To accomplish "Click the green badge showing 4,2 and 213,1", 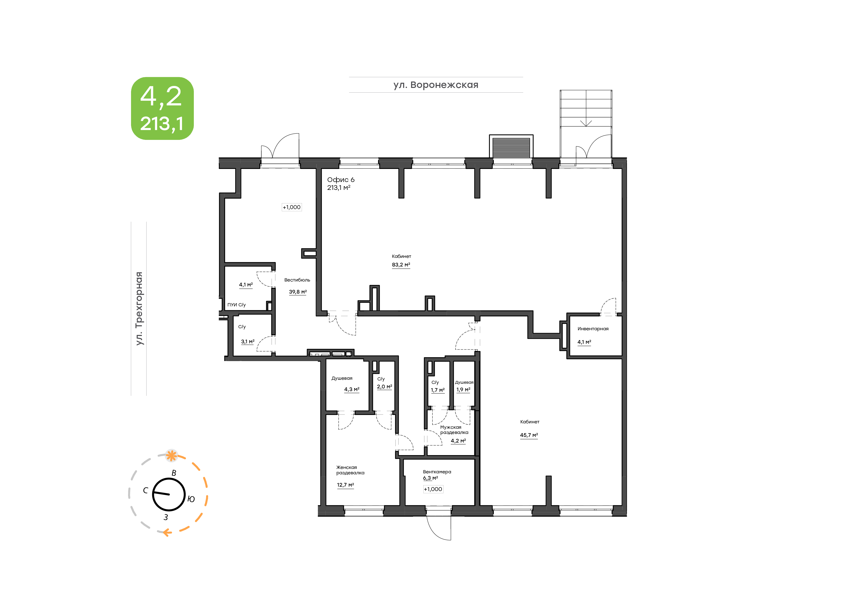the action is coord(162,108).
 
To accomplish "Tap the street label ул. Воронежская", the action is coord(436,85).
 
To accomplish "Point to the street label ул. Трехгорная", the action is coord(139,309).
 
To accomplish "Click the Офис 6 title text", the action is coord(341,180).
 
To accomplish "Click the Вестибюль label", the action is coord(297,280).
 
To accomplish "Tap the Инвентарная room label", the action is coord(593,329).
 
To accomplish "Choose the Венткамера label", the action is coord(437,472).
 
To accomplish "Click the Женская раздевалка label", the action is coord(350,470).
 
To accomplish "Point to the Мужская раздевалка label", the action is coord(454,430).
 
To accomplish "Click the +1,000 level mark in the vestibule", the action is coord(292,207).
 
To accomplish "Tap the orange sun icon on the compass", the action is coord(172,456).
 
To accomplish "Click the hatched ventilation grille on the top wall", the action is coord(511,148).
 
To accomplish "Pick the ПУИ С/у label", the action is coord(236,305).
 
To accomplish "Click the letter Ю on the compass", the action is coord(191,499).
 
